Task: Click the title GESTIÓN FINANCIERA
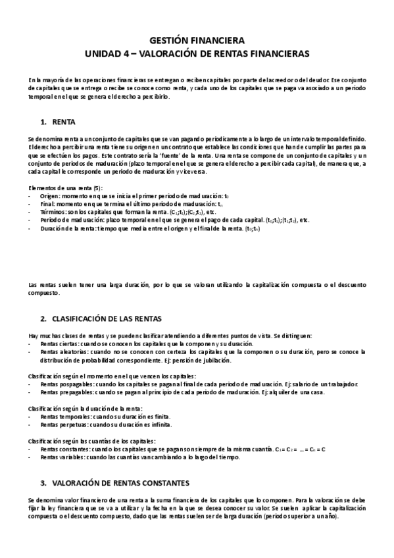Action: (x=197, y=39)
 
